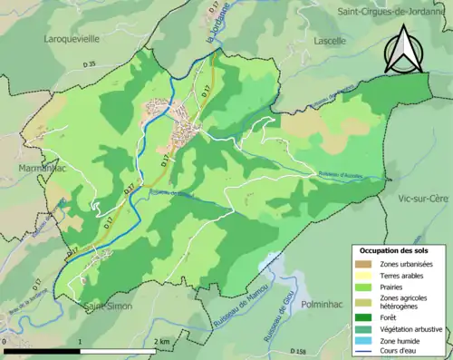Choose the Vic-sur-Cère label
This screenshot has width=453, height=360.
(415, 197)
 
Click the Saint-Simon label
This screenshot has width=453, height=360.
(107, 306)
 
